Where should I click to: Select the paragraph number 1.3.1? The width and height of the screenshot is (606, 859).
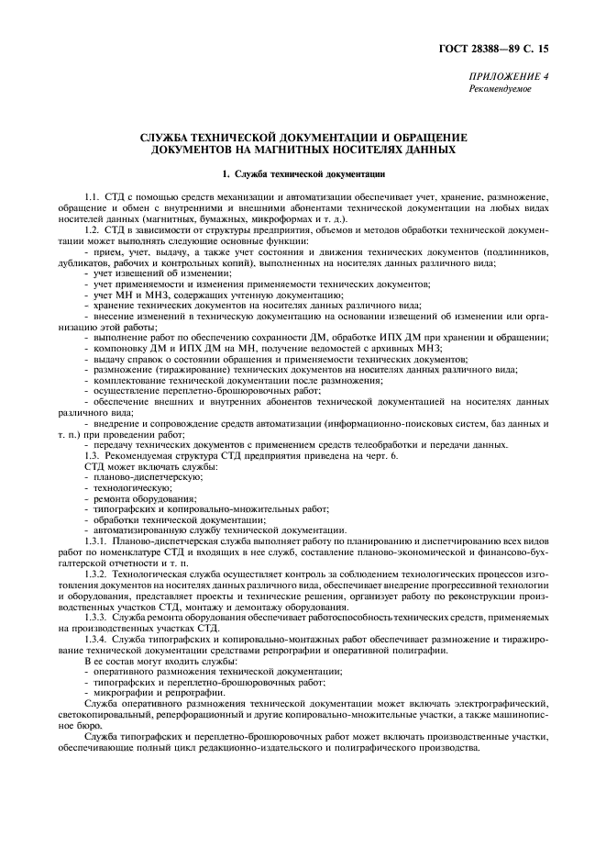pos(95,541)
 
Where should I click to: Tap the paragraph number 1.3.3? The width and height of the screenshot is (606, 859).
pos(95,618)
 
